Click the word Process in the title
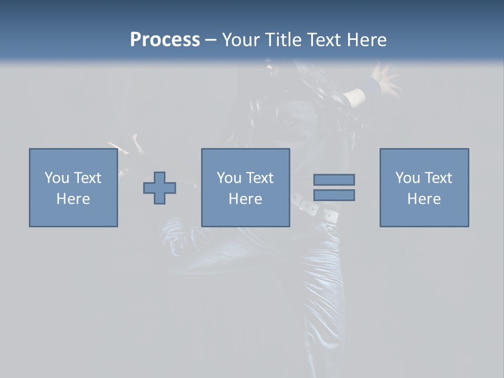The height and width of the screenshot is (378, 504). tap(165, 40)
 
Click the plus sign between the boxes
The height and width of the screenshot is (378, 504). tap(160, 187)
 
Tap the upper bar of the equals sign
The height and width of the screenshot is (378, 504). tap(334, 180)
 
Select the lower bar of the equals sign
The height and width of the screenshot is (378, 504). tap(334, 195)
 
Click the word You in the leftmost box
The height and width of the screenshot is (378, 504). tap(56, 178)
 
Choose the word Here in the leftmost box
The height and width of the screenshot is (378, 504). tap(73, 199)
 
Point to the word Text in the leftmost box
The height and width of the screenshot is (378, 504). tap(87, 178)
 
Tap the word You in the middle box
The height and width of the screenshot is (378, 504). tap(228, 178)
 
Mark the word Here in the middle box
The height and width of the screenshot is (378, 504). tap(245, 199)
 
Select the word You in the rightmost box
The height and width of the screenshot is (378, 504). tap(407, 178)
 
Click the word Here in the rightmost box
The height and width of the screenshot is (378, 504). tap(424, 199)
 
